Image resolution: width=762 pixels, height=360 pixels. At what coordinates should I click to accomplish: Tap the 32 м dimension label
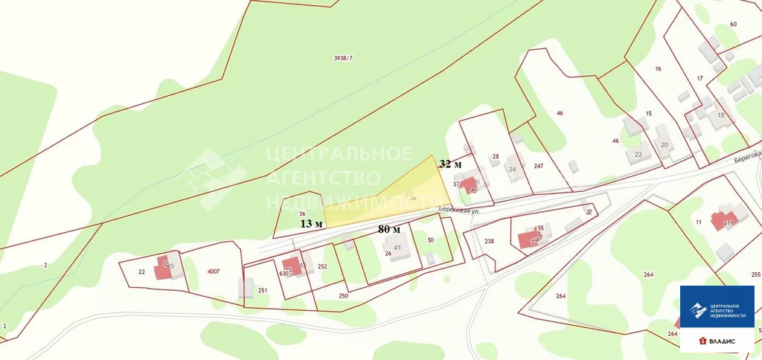(450, 164)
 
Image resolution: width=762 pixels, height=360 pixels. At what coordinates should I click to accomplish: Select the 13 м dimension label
(311, 223)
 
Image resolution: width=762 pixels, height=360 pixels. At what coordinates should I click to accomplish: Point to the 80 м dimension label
(389, 229)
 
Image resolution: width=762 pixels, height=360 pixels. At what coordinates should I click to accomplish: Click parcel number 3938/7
(343, 58)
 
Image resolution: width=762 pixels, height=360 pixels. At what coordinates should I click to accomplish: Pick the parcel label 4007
(214, 271)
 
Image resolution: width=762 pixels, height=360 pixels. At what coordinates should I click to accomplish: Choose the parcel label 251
(262, 290)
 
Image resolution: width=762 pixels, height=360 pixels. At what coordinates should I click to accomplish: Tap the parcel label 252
(322, 266)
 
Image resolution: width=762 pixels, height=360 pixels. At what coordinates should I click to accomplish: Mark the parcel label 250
(343, 296)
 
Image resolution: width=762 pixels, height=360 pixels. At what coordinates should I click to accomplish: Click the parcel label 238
(489, 241)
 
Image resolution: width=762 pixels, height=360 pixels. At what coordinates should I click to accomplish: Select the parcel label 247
(539, 166)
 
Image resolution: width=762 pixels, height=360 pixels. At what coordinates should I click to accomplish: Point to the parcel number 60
(733, 25)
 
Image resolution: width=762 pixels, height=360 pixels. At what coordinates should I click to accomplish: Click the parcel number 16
(658, 68)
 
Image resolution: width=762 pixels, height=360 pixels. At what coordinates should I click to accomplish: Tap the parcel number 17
(699, 78)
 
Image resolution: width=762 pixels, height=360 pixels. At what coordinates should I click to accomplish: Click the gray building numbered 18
(720, 115)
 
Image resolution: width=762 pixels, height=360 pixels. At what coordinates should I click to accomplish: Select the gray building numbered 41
(399, 248)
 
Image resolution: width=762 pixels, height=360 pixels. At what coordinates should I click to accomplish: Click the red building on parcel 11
(721, 221)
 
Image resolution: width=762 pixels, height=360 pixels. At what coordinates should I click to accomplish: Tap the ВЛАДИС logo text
(721, 341)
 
